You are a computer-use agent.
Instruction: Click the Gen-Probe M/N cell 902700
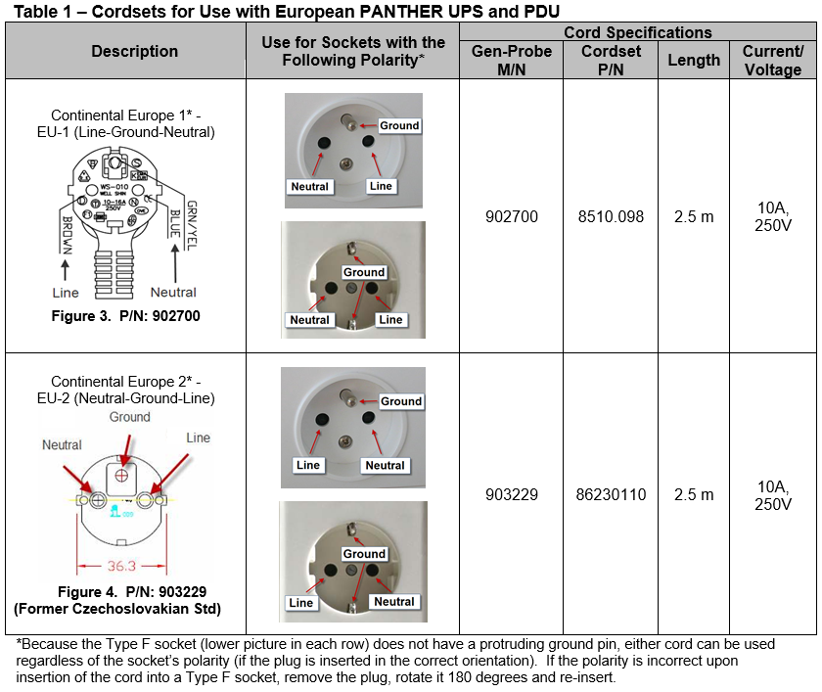click(x=511, y=216)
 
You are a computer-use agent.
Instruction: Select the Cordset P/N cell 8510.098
click(x=611, y=216)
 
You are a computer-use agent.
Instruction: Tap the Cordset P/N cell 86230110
click(x=611, y=494)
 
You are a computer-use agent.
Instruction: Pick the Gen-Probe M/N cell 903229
click(x=511, y=494)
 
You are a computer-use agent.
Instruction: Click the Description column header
click(x=134, y=51)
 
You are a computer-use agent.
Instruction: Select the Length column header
click(x=694, y=60)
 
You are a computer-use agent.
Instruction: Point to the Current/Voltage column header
click(x=773, y=60)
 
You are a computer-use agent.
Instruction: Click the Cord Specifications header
click(x=638, y=32)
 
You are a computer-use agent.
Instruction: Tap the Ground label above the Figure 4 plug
click(x=130, y=416)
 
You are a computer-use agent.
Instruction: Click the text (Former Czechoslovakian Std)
click(x=117, y=609)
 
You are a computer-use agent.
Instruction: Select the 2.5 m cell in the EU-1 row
click(x=694, y=216)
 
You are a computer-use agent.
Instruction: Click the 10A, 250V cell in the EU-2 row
click(x=773, y=494)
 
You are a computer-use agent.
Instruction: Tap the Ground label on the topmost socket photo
click(x=399, y=125)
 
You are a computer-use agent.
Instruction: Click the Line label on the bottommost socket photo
click(x=301, y=602)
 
